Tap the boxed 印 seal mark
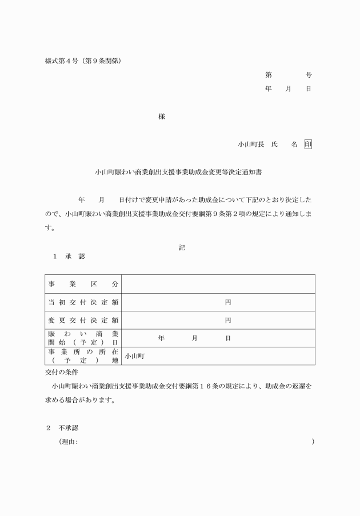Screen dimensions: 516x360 point(308,144)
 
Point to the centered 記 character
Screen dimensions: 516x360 point(181,247)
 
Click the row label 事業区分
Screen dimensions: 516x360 point(83,284)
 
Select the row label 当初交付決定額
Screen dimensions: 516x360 point(83,302)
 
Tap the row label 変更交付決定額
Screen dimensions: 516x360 point(83,321)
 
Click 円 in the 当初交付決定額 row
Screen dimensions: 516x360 point(227,302)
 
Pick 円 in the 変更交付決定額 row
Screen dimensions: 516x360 point(227,321)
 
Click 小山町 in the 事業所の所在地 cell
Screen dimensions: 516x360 point(135,356)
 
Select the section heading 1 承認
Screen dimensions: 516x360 point(69,257)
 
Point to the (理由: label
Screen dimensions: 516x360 point(68,442)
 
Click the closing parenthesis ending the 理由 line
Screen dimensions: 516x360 point(313,442)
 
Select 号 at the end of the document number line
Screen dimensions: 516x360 point(309,75)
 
